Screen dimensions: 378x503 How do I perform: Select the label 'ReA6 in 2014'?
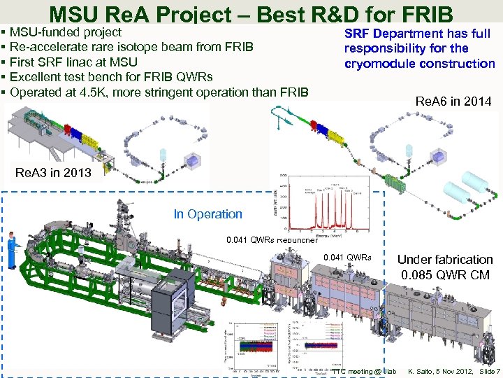tap(453, 102)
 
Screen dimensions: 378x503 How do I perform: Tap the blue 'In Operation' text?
tap(207, 214)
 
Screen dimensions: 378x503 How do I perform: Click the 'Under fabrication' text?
tap(445, 260)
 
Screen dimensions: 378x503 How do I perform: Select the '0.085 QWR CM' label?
tap(445, 274)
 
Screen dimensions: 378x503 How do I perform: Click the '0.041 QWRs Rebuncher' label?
tap(272, 241)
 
